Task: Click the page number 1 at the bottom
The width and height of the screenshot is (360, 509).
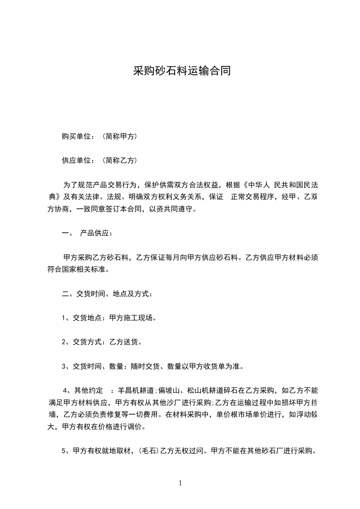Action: tap(180, 483)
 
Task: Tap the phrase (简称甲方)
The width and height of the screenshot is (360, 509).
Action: tap(120, 136)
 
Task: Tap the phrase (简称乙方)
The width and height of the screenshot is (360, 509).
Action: tap(120, 160)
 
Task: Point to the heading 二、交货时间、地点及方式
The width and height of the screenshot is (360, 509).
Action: tap(107, 294)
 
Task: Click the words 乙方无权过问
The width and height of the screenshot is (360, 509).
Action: tap(181, 451)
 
